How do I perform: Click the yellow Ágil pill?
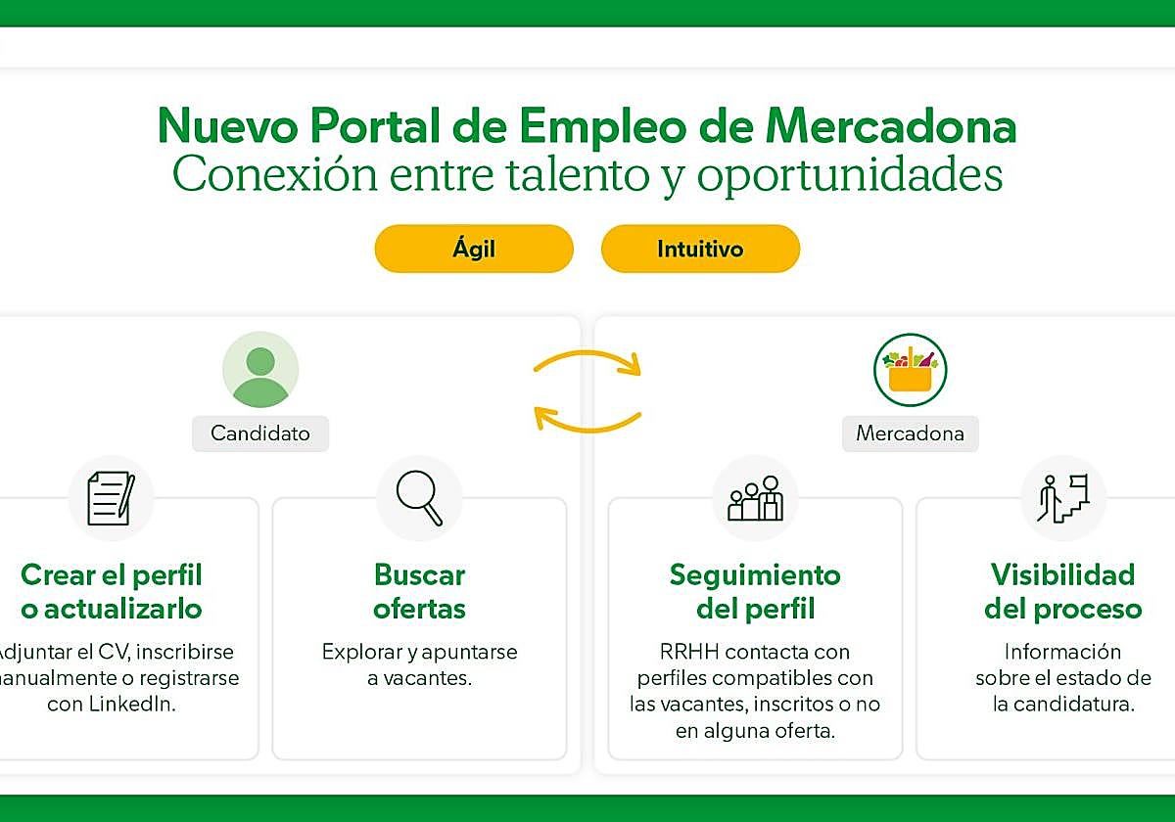pyautogui.click(x=474, y=249)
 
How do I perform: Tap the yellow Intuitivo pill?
pyautogui.click(x=700, y=249)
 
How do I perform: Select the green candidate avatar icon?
pyautogui.click(x=260, y=370)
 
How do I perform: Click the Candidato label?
pyautogui.click(x=260, y=433)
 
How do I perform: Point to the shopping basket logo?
pyautogui.click(x=911, y=370)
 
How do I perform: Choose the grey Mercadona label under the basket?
pyautogui.click(x=910, y=433)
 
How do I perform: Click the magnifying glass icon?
pyautogui.click(x=419, y=497)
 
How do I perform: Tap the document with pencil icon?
pyautogui.click(x=111, y=497)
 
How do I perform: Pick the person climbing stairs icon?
pyautogui.click(x=1062, y=497)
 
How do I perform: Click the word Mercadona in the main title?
pyautogui.click(x=890, y=126)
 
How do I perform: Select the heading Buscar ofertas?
pyautogui.click(x=419, y=591)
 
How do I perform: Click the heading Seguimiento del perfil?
pyautogui.click(x=755, y=591)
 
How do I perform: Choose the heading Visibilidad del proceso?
pyautogui.click(x=1062, y=591)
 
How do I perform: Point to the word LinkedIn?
pyautogui.click(x=134, y=704)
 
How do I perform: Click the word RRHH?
pyautogui.click(x=686, y=652)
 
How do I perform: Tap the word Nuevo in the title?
pyautogui.click(x=227, y=126)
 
